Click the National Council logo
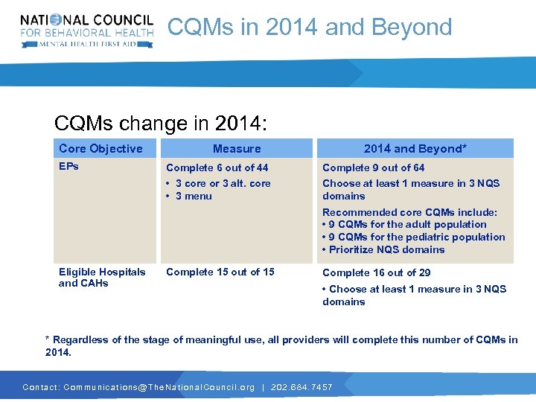(87, 31)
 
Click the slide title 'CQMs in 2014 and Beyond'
(310, 28)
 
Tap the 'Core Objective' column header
(100, 149)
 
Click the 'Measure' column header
(237, 149)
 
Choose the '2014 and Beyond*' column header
(415, 149)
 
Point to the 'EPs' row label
(68, 166)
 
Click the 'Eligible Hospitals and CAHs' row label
(102, 278)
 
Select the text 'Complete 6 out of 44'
(217, 168)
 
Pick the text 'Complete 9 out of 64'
(373, 168)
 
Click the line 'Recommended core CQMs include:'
(409, 212)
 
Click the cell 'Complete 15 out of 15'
(220, 272)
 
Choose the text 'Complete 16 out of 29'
(376, 272)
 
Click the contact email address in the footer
(159, 387)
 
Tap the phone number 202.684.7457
(301, 387)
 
